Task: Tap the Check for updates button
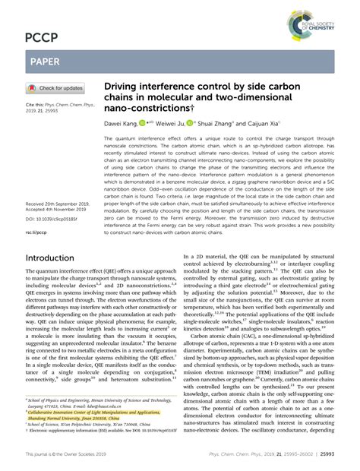point(57,88)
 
